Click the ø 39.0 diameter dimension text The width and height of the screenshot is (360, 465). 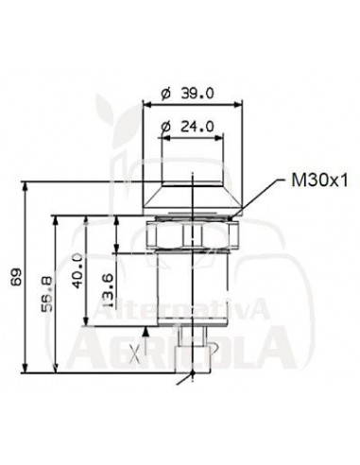[187, 94]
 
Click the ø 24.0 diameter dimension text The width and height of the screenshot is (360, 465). [187, 127]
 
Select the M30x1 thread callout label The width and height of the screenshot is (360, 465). [319, 181]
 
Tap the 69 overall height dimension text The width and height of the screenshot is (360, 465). [16, 277]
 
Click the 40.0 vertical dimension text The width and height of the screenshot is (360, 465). [77, 271]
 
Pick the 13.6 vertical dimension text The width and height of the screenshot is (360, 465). [108, 290]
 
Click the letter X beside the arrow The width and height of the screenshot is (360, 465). [135, 355]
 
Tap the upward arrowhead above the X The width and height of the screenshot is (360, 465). [146, 331]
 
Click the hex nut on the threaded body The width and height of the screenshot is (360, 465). [193, 234]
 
